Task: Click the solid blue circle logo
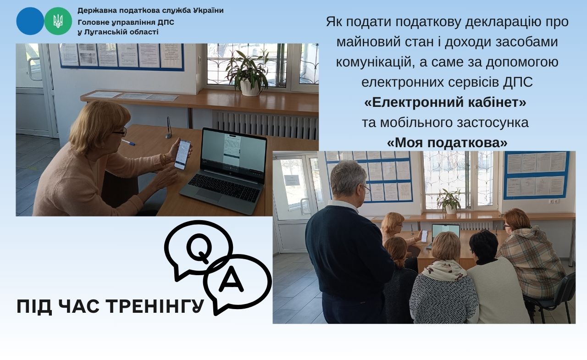tap(30, 21)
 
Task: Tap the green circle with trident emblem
tap(58, 21)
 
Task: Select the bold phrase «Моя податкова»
tap(447, 143)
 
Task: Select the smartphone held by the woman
tap(183, 155)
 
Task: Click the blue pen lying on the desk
tap(128, 143)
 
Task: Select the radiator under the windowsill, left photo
tap(265, 125)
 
